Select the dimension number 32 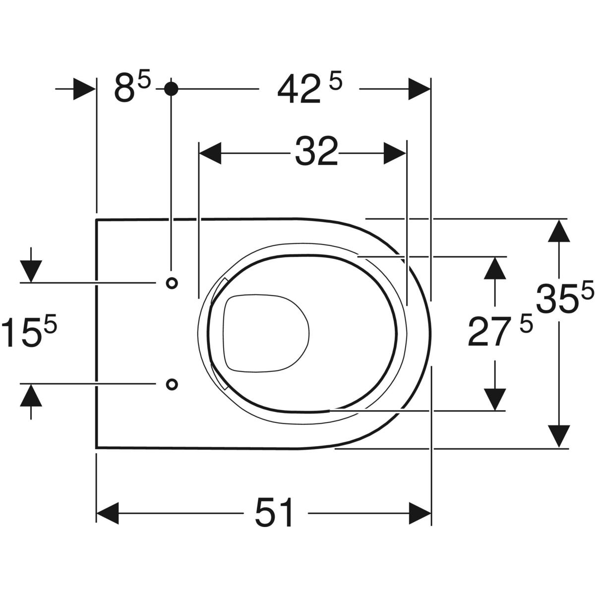316,152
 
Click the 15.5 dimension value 29,332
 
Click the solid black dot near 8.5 171,89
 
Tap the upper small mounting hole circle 172,283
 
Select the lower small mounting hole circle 172,384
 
